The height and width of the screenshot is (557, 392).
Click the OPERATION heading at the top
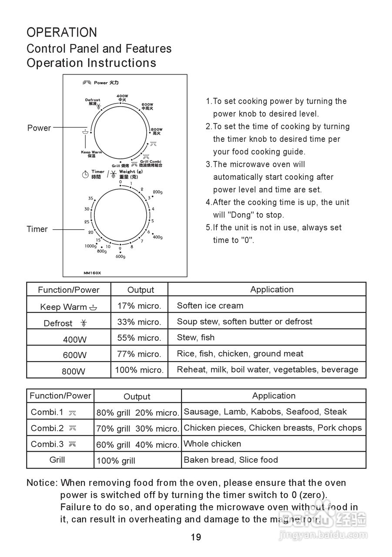click(62, 33)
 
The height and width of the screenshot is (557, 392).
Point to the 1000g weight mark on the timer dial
click(90, 246)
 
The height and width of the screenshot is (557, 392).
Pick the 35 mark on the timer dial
click(90, 198)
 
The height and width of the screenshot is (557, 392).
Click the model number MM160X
click(92, 273)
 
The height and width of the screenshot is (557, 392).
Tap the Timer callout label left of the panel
click(37, 229)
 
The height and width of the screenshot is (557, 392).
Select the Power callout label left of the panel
click(39, 128)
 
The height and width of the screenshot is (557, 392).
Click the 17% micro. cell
click(139, 306)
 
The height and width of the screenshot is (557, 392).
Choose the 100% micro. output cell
click(139, 370)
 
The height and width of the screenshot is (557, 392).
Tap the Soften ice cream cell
click(210, 305)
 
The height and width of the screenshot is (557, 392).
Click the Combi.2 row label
click(47, 428)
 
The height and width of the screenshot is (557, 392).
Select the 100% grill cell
click(116, 461)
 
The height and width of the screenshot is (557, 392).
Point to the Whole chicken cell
click(212, 444)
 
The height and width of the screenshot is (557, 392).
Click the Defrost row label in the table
click(58, 323)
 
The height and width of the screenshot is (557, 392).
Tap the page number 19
click(196, 537)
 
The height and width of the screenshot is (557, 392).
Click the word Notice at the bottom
click(42, 483)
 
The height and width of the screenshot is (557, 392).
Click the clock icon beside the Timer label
click(86, 174)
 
